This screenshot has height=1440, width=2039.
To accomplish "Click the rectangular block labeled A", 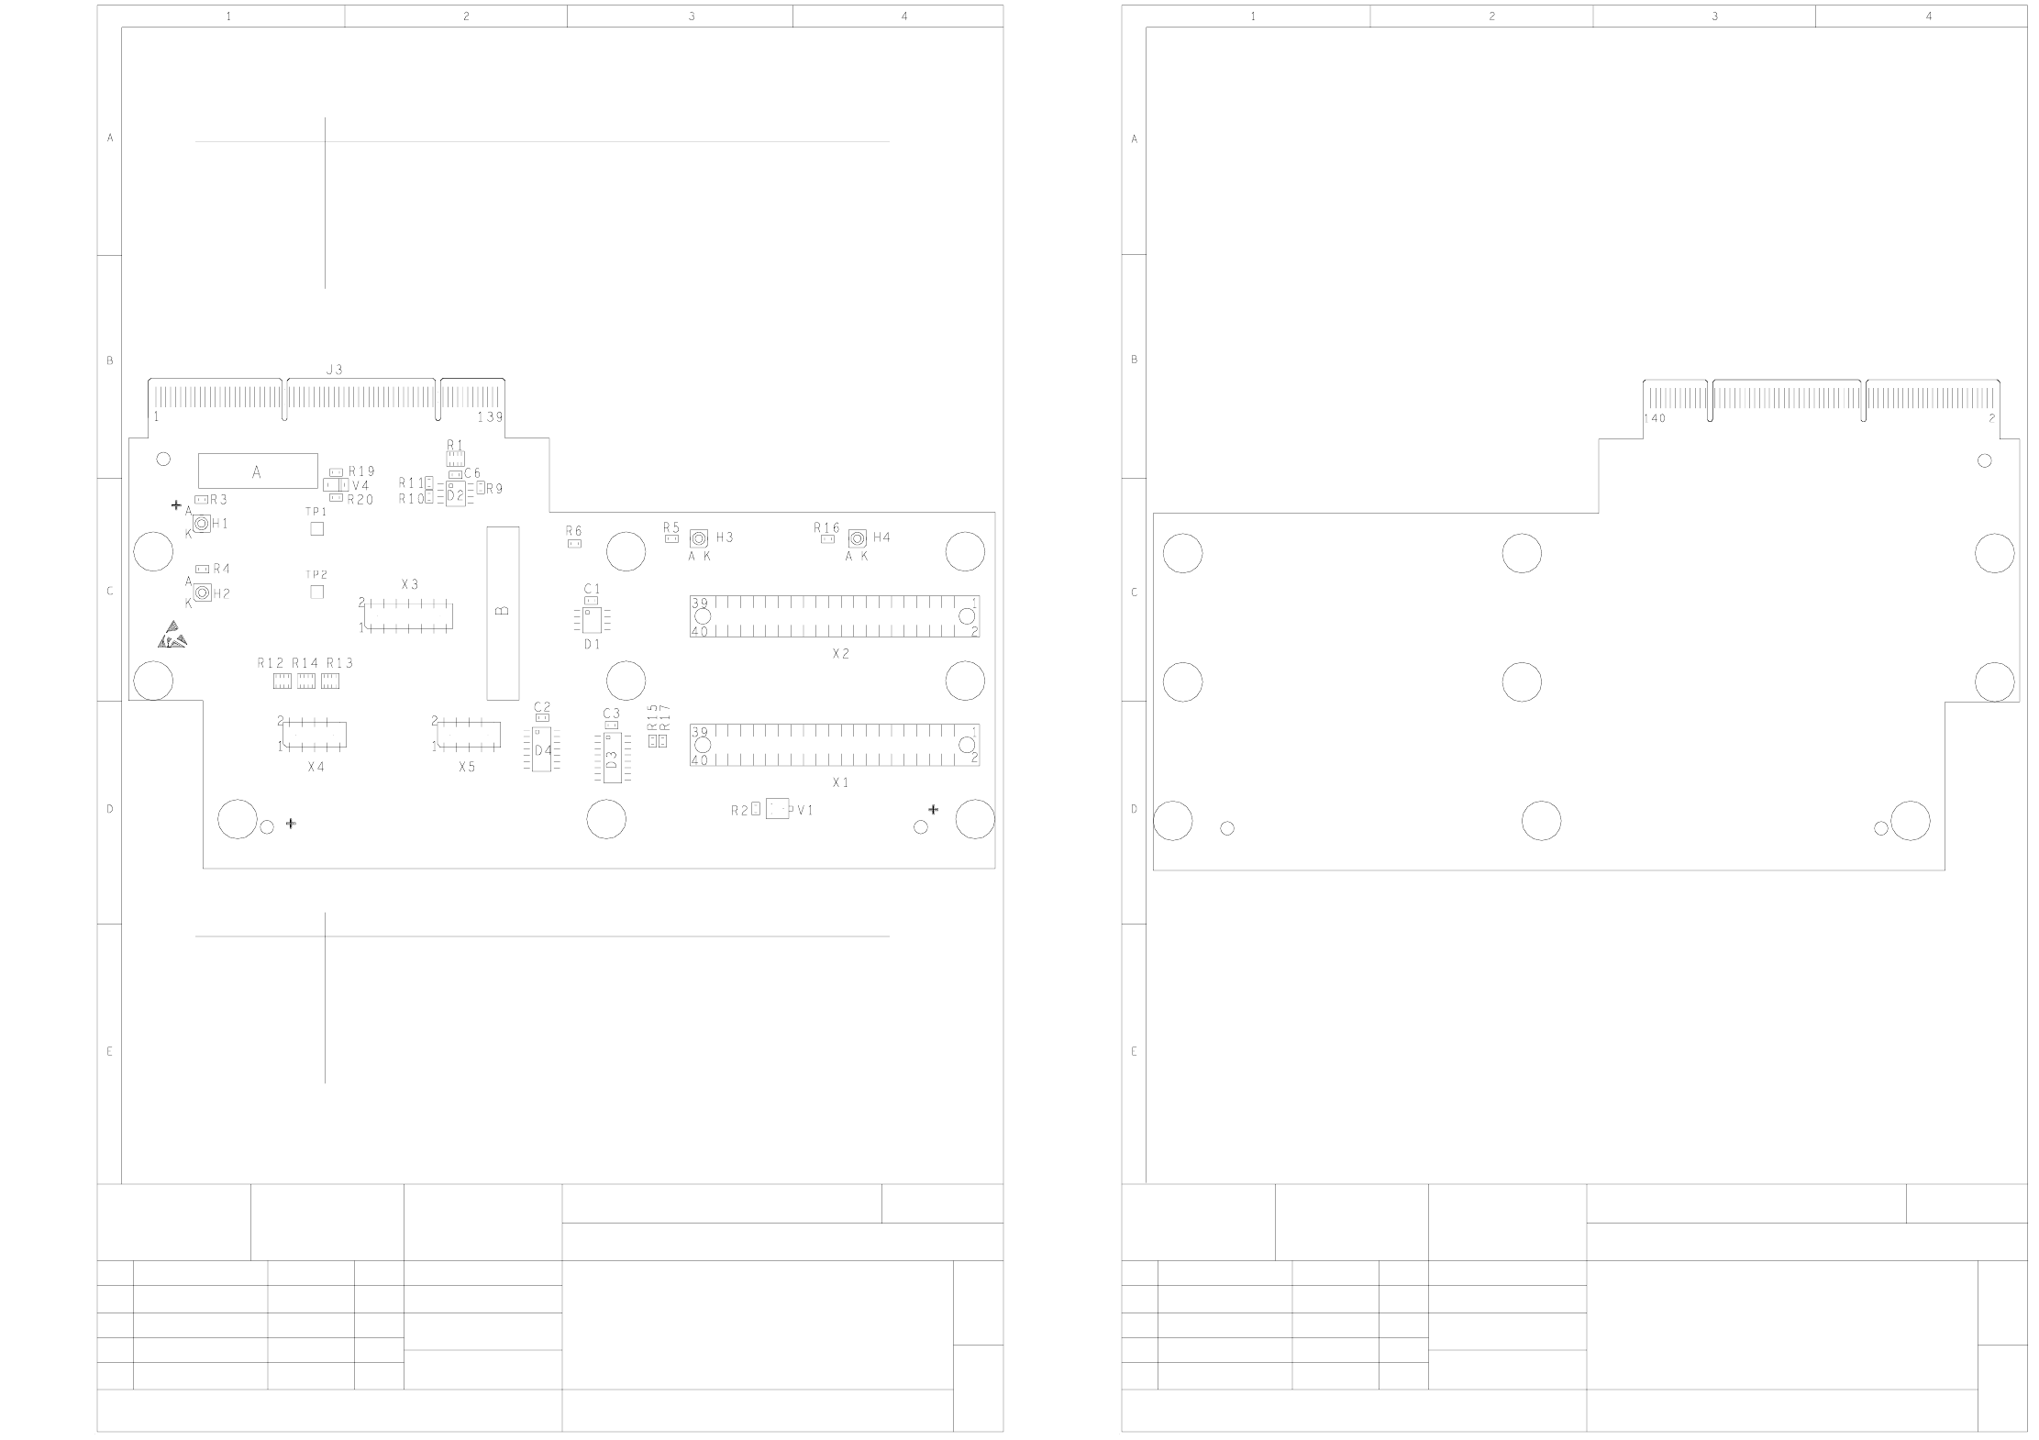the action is (x=258, y=471).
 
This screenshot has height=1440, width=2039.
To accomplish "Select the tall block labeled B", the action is (x=503, y=611).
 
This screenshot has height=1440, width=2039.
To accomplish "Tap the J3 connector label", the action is (x=335, y=370).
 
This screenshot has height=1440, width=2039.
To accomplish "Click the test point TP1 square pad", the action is (x=317, y=528).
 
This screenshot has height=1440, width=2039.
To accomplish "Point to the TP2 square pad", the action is (x=317, y=592).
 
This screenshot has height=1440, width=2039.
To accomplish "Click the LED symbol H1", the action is (x=201, y=523).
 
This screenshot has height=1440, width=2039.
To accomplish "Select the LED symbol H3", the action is (x=700, y=537).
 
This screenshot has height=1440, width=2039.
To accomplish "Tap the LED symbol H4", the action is (x=857, y=537).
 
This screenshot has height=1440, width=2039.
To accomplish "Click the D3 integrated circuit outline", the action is (x=612, y=758).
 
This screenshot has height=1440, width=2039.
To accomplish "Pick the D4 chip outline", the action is (x=543, y=750).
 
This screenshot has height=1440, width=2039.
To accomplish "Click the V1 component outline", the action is (x=777, y=809).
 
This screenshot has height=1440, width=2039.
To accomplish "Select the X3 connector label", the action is (x=410, y=584).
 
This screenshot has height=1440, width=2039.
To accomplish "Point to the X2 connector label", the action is (x=841, y=654).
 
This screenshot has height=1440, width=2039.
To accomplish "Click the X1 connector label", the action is (x=841, y=783).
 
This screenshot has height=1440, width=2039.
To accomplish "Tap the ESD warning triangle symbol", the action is (x=172, y=635).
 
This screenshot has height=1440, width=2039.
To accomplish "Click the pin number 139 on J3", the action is (x=490, y=416).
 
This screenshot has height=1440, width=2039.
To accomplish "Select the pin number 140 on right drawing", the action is (x=1655, y=418).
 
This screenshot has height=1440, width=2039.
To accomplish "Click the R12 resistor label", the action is (x=271, y=663).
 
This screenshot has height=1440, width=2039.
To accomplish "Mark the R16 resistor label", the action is (x=826, y=527).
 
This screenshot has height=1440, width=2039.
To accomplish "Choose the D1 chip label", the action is (x=593, y=645).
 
